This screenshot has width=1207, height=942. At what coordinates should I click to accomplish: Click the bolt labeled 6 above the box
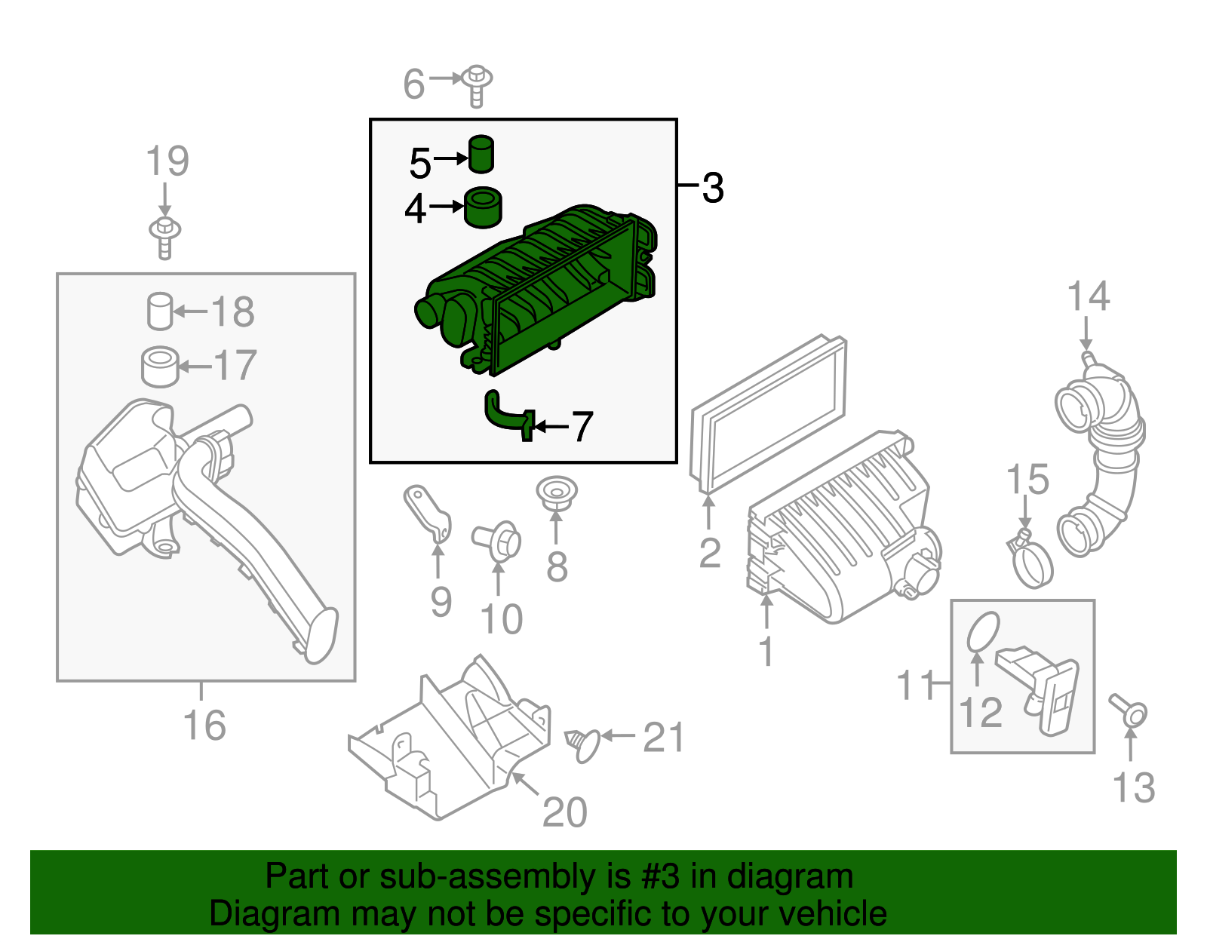pyautogui.click(x=477, y=84)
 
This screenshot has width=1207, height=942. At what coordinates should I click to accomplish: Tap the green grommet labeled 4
pyautogui.click(x=482, y=207)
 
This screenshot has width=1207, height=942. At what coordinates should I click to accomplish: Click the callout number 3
pyautogui.click(x=712, y=188)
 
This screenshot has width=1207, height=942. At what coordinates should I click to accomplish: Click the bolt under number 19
pyautogui.click(x=164, y=236)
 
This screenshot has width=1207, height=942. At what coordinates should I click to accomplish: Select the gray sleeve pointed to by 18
pyautogui.click(x=159, y=311)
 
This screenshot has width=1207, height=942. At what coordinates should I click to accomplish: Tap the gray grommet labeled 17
pyautogui.click(x=160, y=367)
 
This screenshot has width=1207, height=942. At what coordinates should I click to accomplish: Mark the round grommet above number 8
pyautogui.click(x=556, y=492)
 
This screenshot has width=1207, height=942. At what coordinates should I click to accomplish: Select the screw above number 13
pyautogui.click(x=1129, y=710)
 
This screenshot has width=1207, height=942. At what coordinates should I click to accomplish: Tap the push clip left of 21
pyautogui.click(x=583, y=744)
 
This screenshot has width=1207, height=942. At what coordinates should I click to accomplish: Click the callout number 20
pyautogui.click(x=564, y=812)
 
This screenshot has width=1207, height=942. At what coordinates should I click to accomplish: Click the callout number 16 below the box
pyautogui.click(x=204, y=726)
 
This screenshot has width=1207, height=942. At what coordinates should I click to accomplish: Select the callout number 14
pyautogui.click(x=1088, y=296)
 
